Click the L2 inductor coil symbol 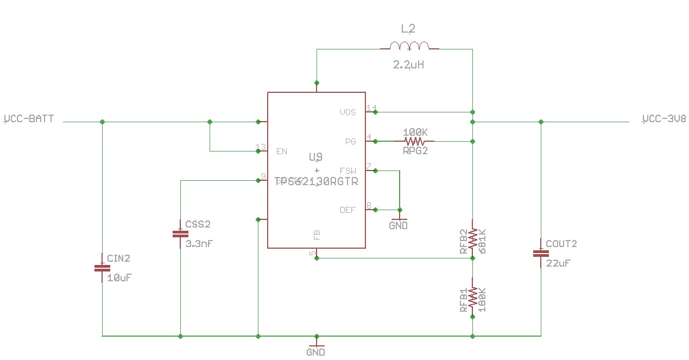409,46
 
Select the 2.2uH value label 409,65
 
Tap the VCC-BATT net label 29,118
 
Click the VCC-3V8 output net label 663,119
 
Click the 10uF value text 119,277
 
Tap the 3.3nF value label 199,244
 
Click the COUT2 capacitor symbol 540,253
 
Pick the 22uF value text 558,263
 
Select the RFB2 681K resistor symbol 472,237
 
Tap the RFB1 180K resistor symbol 472,296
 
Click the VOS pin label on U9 347,112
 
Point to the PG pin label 350,142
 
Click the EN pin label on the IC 282,151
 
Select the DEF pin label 347,210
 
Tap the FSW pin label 347,170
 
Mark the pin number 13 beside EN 261,147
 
